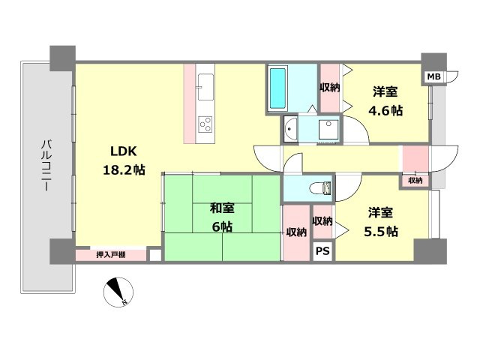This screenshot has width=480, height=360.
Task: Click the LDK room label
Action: (x=123, y=151)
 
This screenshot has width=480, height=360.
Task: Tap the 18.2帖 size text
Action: (x=124, y=169)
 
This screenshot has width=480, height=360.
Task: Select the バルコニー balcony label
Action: (x=46, y=165)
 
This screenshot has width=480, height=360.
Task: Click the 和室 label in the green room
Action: (x=222, y=208)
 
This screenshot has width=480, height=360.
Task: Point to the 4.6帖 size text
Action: (x=385, y=110)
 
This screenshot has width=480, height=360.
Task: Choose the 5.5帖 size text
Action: (x=381, y=231)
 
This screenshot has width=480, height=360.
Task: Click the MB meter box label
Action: (x=433, y=76)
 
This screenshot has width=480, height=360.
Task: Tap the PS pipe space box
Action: (x=322, y=251)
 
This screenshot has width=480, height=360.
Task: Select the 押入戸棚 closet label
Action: (x=111, y=255)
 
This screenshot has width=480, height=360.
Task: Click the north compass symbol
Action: (x=118, y=292)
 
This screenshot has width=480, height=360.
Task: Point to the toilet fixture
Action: (x=320, y=187)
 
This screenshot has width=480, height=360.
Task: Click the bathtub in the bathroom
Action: (x=278, y=88)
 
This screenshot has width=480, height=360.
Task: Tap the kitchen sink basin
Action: (x=205, y=87)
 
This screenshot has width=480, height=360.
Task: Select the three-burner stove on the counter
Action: (x=205, y=124)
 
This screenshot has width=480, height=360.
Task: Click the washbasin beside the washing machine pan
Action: (x=289, y=129)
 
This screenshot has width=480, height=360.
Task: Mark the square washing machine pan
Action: (x=328, y=130)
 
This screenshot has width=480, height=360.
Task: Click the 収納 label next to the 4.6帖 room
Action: (x=330, y=88)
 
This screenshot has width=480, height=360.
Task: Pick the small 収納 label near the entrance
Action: (x=415, y=181)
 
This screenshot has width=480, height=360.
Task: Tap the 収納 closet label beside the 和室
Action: (x=296, y=232)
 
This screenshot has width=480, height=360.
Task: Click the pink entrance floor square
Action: (x=415, y=158)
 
